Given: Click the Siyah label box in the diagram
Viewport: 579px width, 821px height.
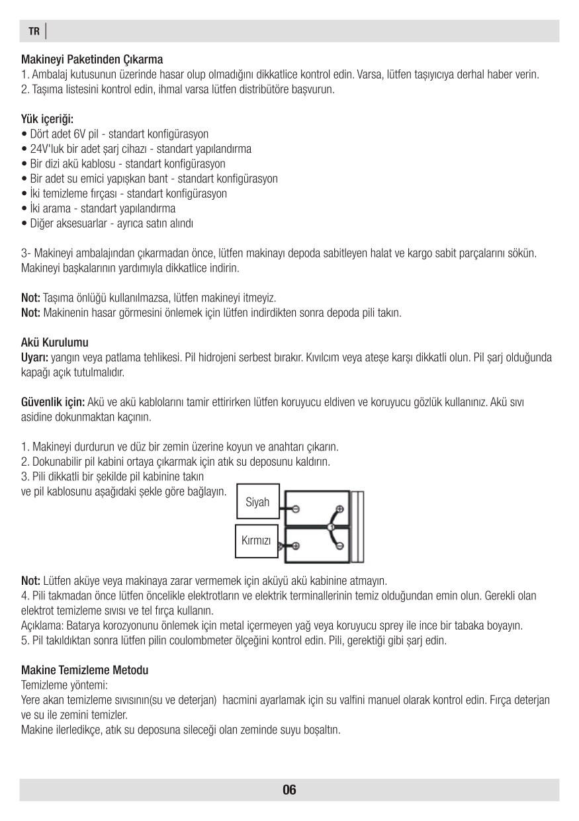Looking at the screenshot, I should point(257,503).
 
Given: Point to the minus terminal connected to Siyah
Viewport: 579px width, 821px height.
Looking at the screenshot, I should point(296,509).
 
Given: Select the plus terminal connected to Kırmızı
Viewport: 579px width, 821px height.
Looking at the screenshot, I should point(296,546).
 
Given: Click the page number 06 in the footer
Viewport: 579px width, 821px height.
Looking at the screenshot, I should point(289,790).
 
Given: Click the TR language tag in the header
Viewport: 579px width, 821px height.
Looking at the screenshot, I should point(34,31).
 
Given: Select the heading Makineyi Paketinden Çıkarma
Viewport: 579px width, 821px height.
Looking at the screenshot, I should point(92,60).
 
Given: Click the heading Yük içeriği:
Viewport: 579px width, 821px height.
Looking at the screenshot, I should point(48,120).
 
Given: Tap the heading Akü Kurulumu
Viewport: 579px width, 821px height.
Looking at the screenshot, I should point(55,343).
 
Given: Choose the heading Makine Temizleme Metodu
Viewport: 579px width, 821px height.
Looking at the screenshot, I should point(85,670).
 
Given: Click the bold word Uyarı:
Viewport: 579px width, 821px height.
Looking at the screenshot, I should point(34,358).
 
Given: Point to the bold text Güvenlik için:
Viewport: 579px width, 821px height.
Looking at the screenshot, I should point(53,402).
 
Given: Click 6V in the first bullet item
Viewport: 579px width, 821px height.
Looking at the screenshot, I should point(81,134).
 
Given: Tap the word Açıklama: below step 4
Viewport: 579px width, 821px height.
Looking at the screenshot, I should point(43,625).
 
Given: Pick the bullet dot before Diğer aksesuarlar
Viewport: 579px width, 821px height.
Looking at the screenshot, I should point(24,224).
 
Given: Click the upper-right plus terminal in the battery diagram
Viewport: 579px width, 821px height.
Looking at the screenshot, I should point(339,509).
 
